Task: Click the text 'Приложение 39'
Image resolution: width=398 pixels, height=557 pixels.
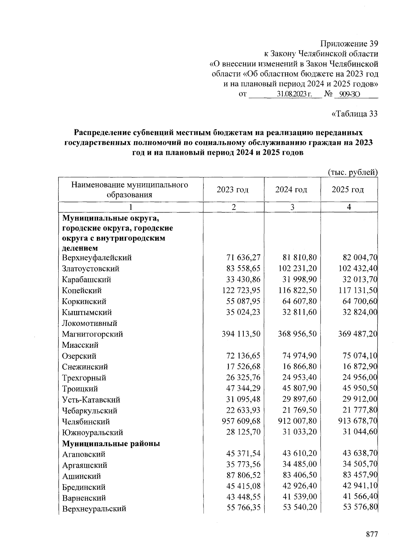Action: pyautogui.click(x=349, y=44)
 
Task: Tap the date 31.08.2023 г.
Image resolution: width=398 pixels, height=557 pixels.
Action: pyautogui.click(x=294, y=94)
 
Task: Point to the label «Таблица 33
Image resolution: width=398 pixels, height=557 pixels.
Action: pyautogui.click(x=355, y=114)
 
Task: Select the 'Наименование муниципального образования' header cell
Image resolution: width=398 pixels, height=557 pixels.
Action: pyautogui.click(x=130, y=190)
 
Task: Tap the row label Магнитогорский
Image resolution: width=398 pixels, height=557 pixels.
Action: pyautogui.click(x=92, y=334)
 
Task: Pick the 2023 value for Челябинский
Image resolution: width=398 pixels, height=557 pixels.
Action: pyautogui.click(x=241, y=421)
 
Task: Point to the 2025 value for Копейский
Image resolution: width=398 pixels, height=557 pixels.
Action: pyautogui.click(x=358, y=290)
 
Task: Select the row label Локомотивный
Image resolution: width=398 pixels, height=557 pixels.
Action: pyautogui.click(x=90, y=323)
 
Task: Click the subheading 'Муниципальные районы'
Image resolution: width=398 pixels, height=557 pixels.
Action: pyautogui.click(x=111, y=443)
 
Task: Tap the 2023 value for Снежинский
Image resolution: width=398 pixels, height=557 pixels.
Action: pyautogui.click(x=243, y=366)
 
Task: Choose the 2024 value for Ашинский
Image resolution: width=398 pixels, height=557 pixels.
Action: pyautogui.click(x=299, y=475)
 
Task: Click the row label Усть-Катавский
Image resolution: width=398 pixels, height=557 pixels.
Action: pyautogui.click(x=91, y=400)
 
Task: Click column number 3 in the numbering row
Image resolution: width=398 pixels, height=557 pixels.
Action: pyautogui.click(x=292, y=207)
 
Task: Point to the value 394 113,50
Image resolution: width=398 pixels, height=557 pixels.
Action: pyautogui.click(x=241, y=334)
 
